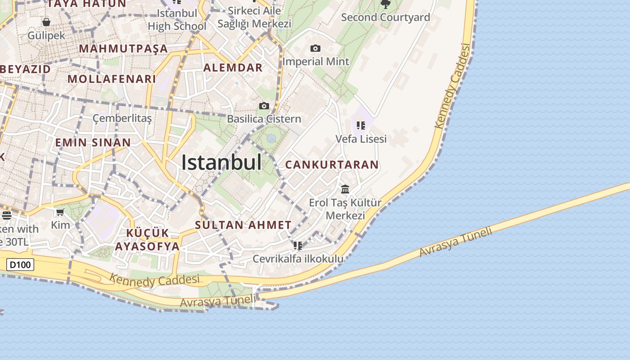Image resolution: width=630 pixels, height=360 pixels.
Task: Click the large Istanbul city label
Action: (x=221, y=162)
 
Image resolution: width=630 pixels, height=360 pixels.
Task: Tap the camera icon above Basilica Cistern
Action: (x=264, y=106)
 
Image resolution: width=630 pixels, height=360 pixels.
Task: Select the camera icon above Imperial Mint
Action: (x=315, y=48)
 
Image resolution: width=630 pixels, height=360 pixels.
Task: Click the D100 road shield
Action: (x=21, y=265)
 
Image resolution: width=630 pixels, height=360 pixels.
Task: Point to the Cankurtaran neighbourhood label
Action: (x=332, y=165)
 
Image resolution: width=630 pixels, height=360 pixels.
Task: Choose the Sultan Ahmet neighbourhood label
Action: (x=243, y=225)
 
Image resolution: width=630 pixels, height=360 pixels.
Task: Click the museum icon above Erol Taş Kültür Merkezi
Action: (x=345, y=189)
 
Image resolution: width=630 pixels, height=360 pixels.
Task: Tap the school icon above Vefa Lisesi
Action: (x=360, y=126)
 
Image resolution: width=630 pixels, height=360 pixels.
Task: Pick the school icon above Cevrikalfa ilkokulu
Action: (x=297, y=246)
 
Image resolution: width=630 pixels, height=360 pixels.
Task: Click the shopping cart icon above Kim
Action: (x=60, y=212)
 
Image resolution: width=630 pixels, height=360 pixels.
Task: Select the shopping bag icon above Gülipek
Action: (x=46, y=22)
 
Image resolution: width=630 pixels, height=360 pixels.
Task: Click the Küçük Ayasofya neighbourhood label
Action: (x=147, y=240)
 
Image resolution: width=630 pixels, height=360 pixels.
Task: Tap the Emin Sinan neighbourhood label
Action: (x=93, y=143)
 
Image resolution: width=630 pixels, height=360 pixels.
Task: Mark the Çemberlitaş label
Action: (x=122, y=118)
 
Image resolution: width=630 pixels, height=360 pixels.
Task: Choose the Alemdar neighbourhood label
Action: (x=233, y=68)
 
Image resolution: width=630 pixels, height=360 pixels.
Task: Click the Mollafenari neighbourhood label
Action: (x=112, y=79)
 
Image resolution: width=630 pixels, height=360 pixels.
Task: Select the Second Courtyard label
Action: (x=385, y=18)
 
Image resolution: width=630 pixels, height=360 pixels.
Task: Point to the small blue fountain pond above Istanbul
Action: (x=271, y=139)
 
